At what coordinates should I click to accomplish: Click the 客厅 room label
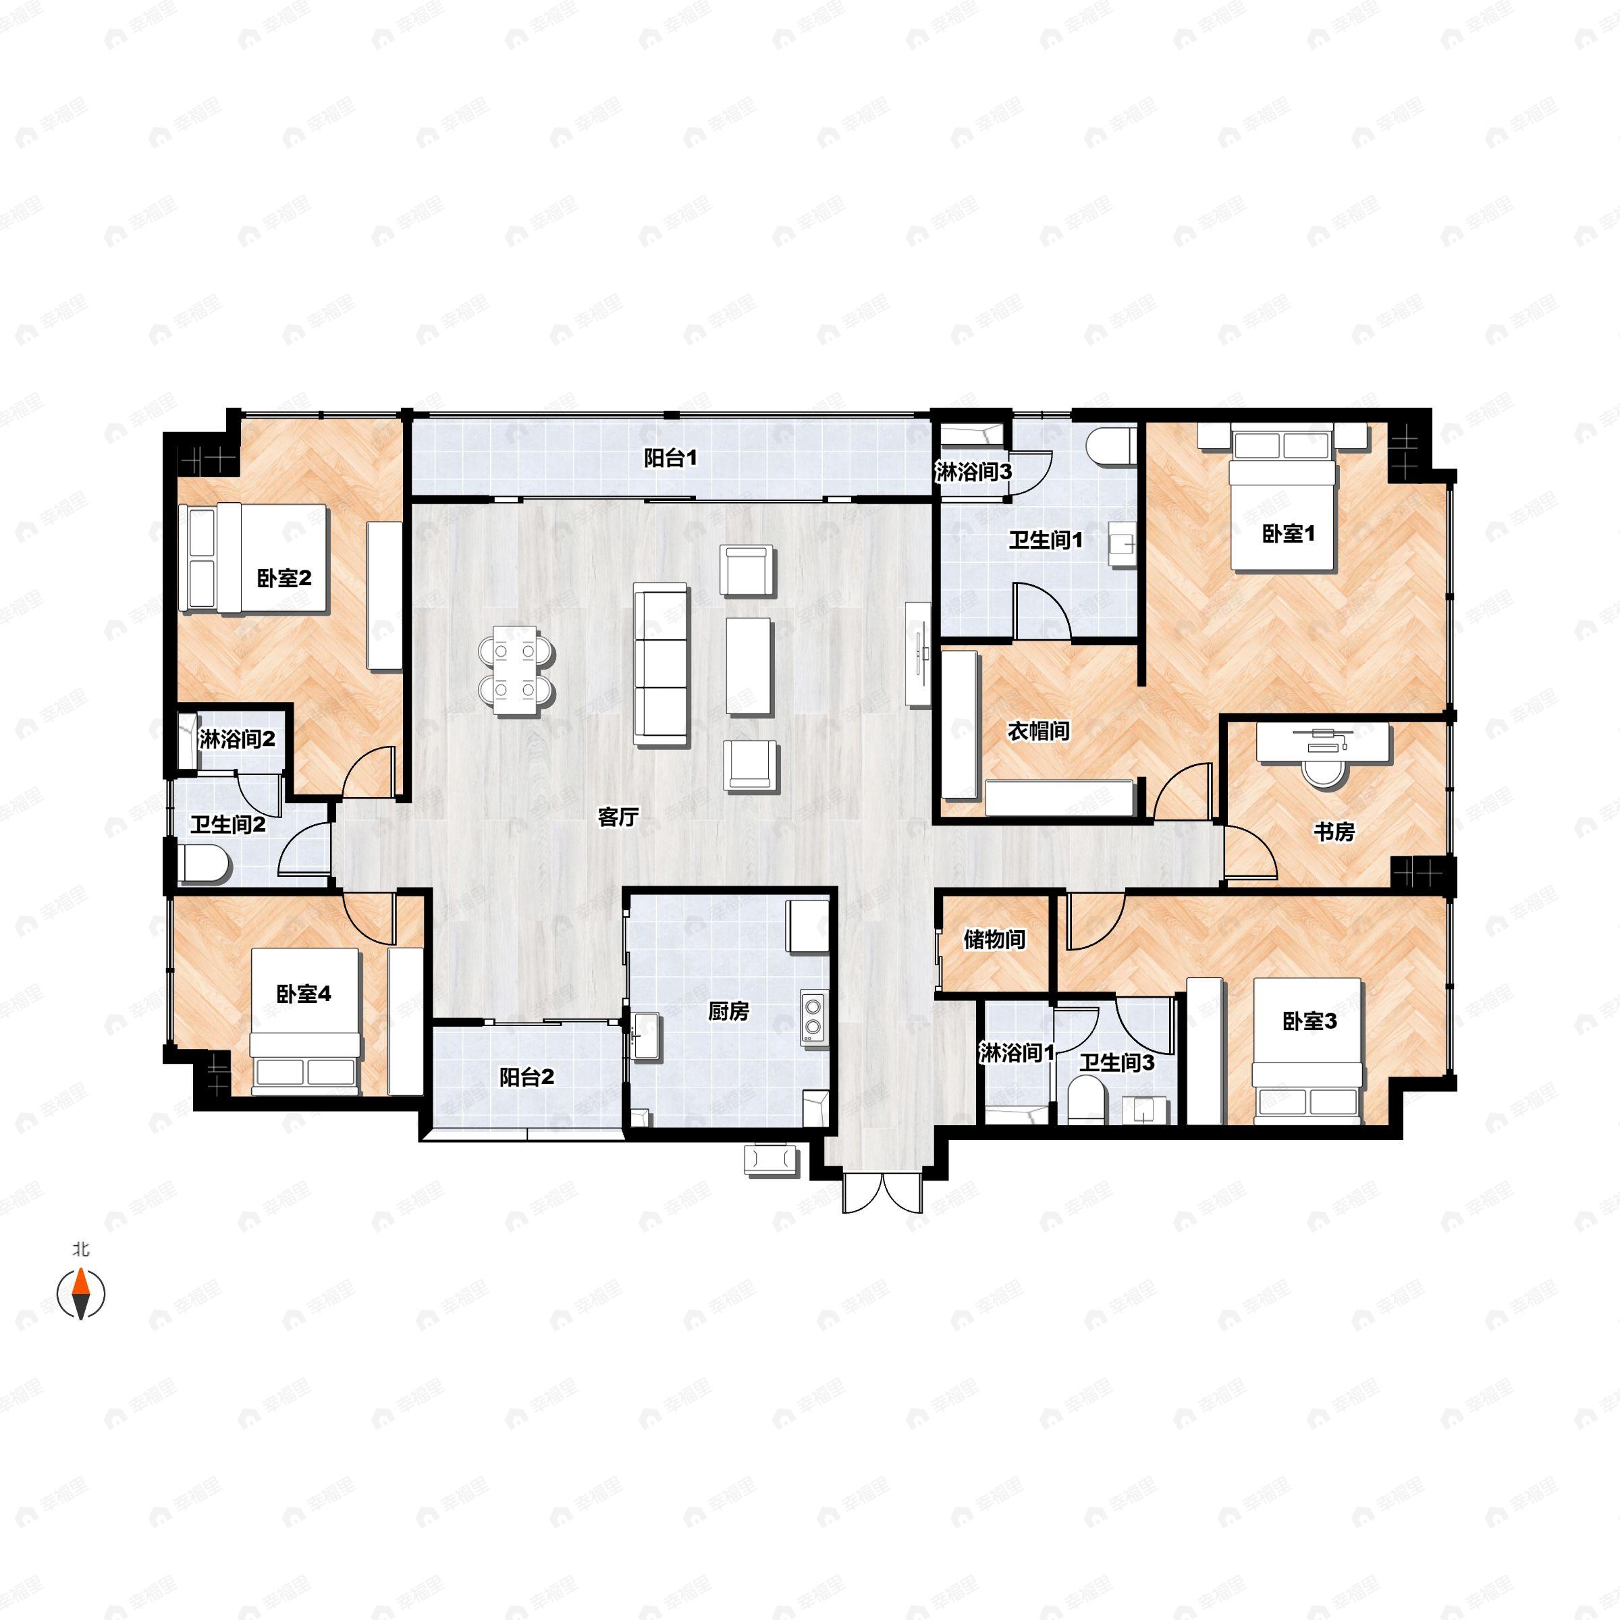[x=619, y=817]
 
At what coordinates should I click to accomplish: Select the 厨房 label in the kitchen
[x=728, y=1011]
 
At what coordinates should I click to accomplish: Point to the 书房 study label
[x=1333, y=832]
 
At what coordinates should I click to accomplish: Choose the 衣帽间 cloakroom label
[x=1038, y=730]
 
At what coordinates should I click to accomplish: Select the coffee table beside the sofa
[x=748, y=667]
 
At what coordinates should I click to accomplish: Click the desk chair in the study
[x=1326, y=772]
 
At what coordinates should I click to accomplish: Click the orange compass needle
[x=80, y=1293]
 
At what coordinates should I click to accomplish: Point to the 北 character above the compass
[x=80, y=1249]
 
